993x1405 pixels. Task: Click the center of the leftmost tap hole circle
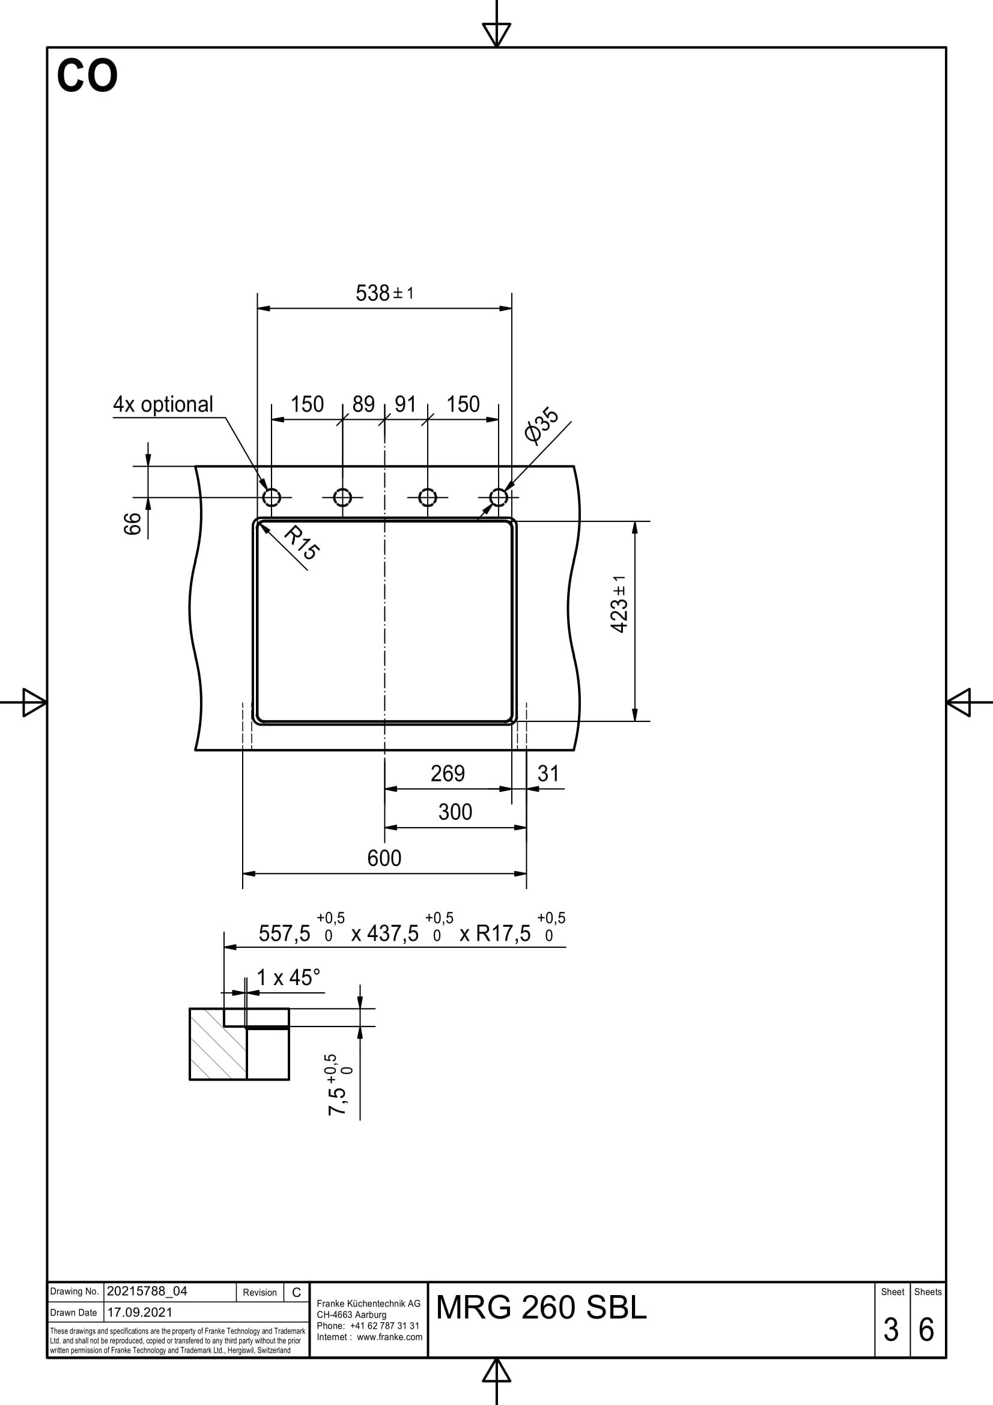pos(272,497)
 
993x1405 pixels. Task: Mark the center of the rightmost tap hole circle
pos(499,497)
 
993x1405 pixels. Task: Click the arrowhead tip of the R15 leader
pos(260,524)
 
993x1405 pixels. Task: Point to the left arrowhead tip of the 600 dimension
pos(243,873)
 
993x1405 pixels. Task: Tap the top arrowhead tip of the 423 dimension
pos(635,521)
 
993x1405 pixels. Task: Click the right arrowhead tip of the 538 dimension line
pos(511,308)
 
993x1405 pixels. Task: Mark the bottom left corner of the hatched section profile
pos(190,1079)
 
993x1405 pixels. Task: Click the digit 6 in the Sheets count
pos(926,1329)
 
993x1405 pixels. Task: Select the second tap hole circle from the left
pos(342,497)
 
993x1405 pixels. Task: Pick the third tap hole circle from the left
pos(428,497)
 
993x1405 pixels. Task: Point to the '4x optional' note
pos(163,404)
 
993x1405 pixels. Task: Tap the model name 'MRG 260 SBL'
pos(541,1308)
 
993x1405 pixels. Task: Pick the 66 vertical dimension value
pos(133,524)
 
